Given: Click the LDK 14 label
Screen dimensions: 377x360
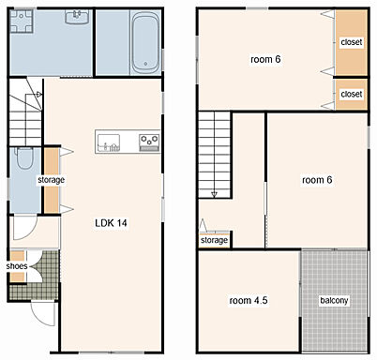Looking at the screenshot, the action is tap(111, 223).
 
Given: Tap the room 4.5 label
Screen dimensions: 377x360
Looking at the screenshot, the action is tap(249, 301).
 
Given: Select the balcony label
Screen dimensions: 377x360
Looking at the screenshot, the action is tap(334, 301).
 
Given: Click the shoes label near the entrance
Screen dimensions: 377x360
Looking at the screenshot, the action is tap(17, 266).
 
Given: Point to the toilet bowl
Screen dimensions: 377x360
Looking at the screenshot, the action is tap(24, 158).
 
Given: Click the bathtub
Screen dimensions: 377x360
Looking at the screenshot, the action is tap(145, 42).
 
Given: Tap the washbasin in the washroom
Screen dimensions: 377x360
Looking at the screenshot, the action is tap(77, 17).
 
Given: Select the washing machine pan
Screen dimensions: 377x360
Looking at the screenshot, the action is tap(22, 21).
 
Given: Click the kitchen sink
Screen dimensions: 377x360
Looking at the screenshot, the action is tap(109, 142).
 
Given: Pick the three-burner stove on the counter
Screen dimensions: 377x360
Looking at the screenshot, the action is tap(149, 142).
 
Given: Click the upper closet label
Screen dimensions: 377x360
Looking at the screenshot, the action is tap(352, 42).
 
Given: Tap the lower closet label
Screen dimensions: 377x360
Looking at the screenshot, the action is tap(352, 94).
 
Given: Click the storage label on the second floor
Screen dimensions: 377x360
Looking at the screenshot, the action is tap(214, 240).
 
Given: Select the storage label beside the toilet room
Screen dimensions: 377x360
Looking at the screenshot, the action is tap(52, 180).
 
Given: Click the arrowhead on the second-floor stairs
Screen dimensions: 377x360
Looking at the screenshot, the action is tap(214, 195).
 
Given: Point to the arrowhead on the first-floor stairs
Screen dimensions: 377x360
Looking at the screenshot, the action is tap(38, 94).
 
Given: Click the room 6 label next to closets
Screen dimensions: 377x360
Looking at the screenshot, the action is tap(265, 59).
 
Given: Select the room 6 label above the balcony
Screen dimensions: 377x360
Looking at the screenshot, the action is tap(317, 180).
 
